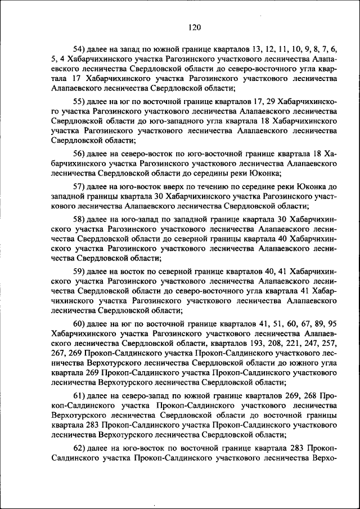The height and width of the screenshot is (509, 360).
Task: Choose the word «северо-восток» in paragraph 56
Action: pyautogui.click(x=147, y=153)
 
